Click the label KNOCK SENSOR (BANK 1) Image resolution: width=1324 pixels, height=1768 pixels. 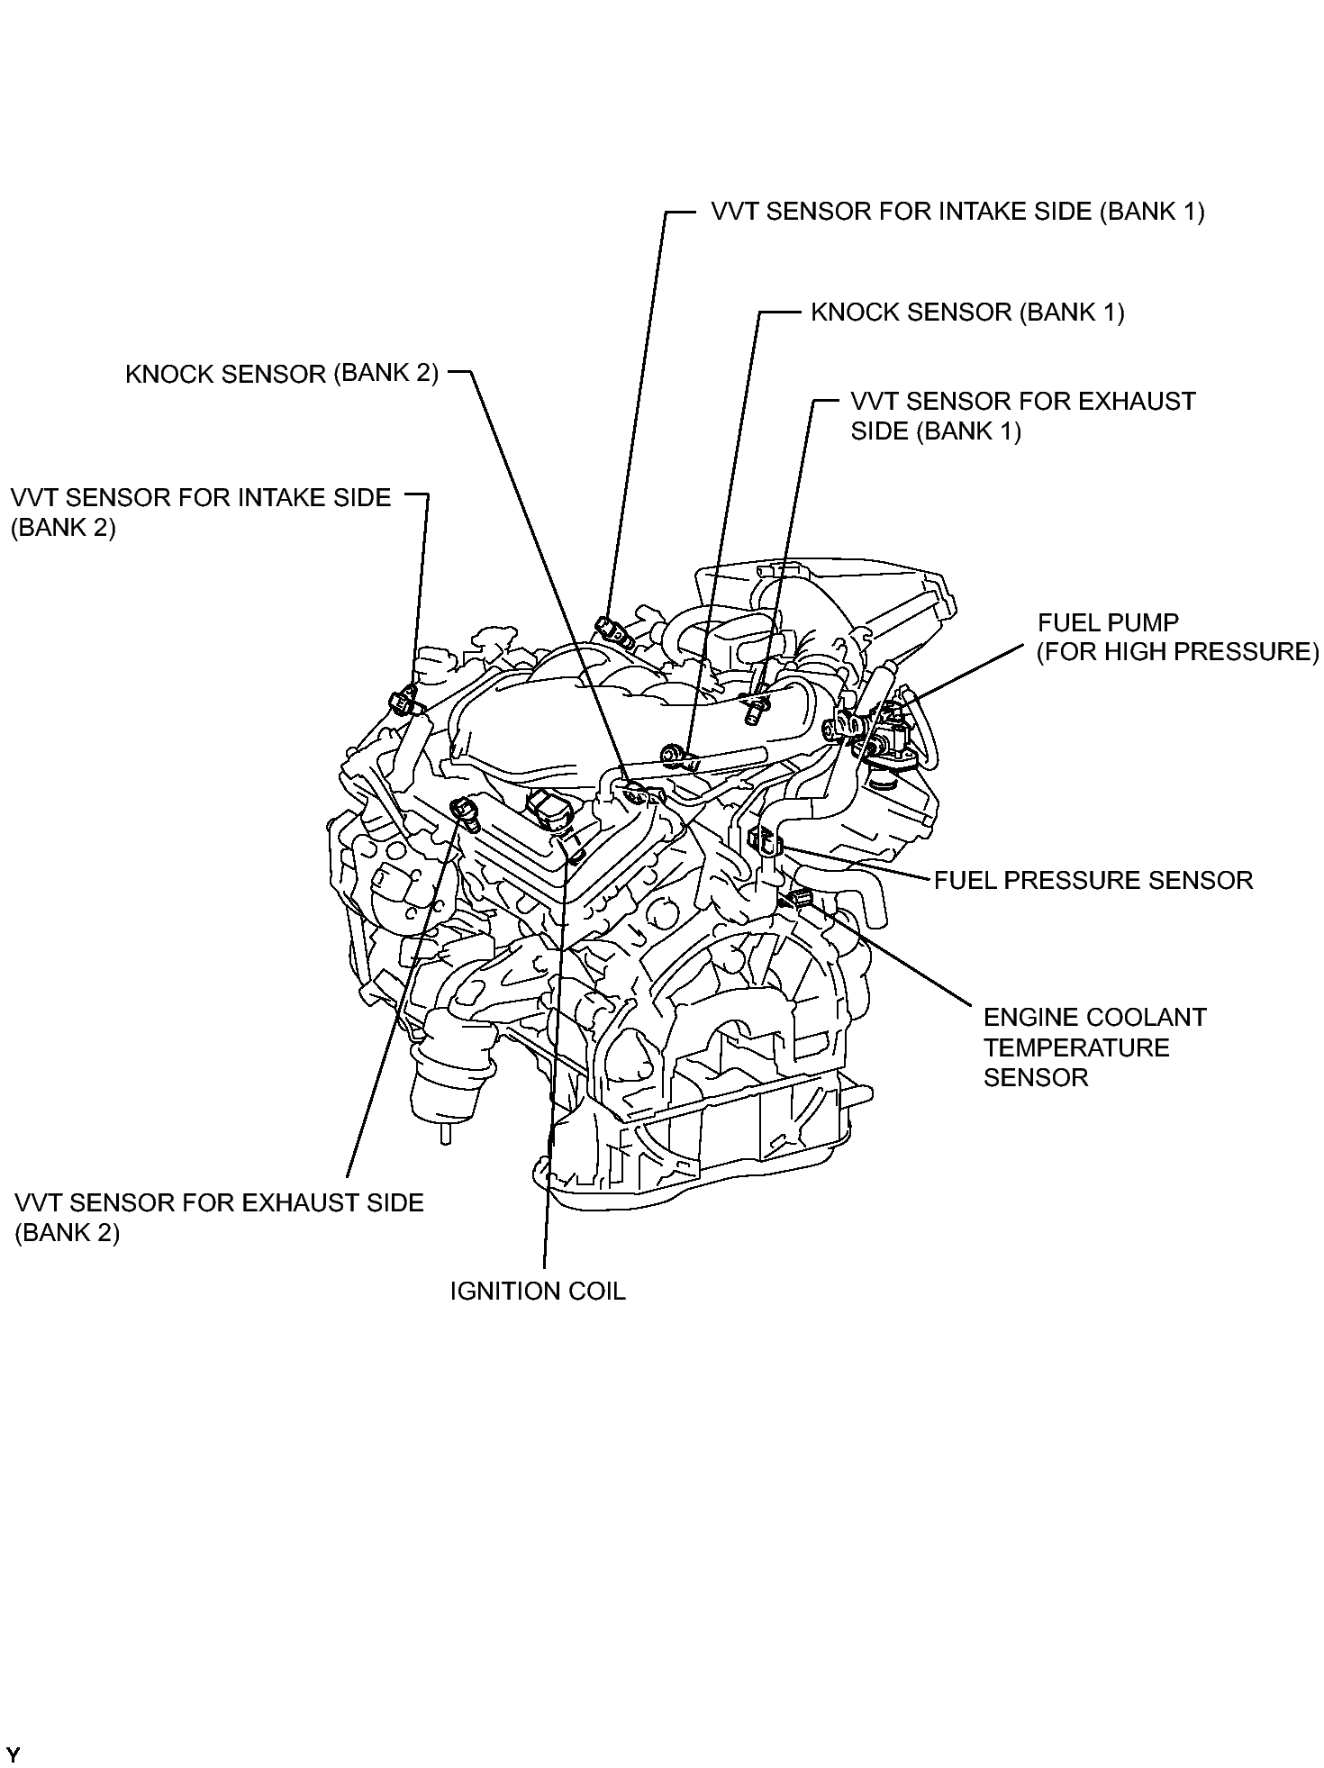(x=967, y=313)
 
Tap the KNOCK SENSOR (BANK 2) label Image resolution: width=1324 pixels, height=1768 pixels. (x=282, y=374)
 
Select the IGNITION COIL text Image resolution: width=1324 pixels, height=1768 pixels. (x=538, y=1291)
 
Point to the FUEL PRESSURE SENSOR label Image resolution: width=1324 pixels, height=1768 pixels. (x=1093, y=880)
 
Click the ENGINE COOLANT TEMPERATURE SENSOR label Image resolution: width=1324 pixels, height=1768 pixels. (x=1093, y=1047)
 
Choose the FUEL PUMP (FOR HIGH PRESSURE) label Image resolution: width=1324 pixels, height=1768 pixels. (x=1177, y=637)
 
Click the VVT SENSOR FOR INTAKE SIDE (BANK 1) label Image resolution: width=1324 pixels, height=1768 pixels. (x=957, y=212)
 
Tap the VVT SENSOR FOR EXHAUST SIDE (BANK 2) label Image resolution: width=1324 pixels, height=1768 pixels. (x=219, y=1217)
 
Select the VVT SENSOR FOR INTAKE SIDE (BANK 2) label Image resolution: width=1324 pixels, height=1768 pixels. (x=201, y=512)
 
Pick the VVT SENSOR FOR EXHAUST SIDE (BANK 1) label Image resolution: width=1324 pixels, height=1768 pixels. (x=1022, y=416)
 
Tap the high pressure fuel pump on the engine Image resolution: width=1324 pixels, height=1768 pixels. (x=887, y=728)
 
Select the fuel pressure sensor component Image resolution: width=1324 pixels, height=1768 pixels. (x=764, y=839)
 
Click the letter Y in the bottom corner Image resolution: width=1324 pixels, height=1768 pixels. (x=14, y=1754)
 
